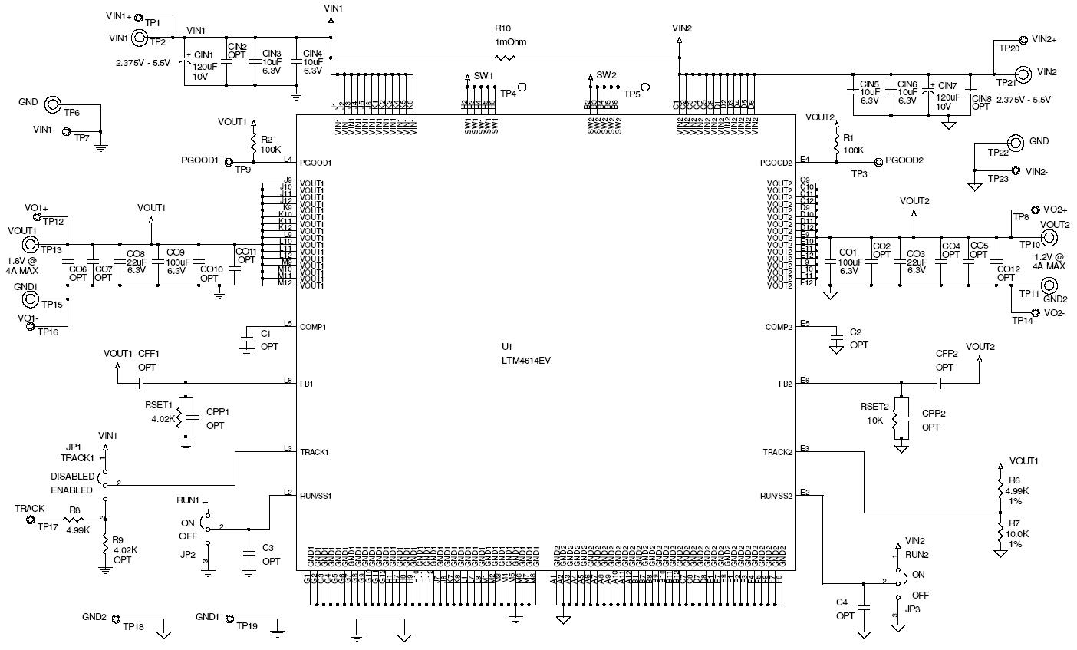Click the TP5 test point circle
(644, 87)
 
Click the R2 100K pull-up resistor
(252, 144)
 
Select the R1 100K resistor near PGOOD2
(835, 144)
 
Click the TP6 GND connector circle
(52, 104)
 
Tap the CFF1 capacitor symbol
(142, 381)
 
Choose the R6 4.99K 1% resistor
(1000, 489)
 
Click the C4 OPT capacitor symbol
(864, 606)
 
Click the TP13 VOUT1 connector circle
(31, 245)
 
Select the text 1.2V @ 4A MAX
(1045, 261)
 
